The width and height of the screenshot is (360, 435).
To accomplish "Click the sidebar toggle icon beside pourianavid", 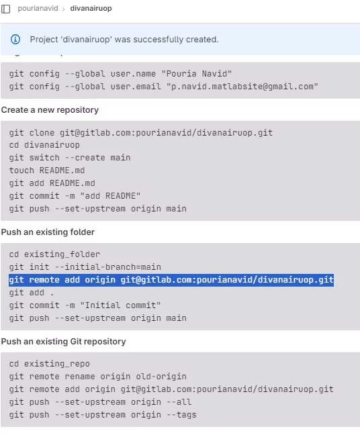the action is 5,9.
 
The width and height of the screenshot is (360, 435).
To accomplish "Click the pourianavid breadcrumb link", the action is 38,8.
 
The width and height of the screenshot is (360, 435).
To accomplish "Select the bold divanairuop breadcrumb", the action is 91,8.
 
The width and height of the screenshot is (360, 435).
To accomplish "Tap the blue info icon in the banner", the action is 15,40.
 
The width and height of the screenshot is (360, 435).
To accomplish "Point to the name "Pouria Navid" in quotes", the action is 197,74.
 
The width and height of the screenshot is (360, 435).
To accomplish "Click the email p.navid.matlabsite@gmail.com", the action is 242,87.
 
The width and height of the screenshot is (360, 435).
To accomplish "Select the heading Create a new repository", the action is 50,110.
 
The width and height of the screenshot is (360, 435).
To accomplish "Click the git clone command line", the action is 141,133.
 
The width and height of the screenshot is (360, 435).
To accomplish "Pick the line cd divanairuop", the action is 44,145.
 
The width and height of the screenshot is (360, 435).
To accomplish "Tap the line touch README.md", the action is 47,171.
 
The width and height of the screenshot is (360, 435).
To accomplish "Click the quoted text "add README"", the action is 110,196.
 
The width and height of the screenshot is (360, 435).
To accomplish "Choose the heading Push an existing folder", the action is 48,232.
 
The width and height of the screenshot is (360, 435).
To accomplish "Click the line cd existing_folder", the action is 54,254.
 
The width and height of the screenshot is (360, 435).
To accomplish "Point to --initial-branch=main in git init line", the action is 108,267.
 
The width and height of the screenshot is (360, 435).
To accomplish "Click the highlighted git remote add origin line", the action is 171,280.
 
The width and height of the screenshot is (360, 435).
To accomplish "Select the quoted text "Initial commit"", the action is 120,305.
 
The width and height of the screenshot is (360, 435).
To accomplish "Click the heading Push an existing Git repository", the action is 64,341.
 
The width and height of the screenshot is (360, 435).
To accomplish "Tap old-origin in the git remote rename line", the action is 161,376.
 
